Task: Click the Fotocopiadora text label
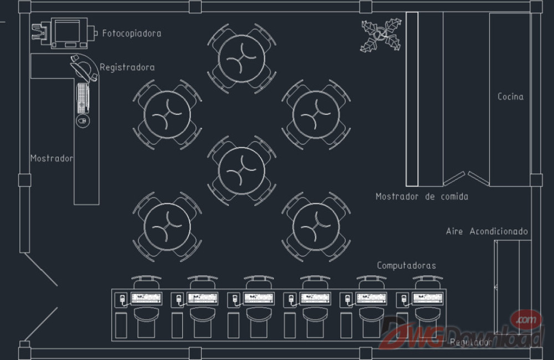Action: click(131, 33)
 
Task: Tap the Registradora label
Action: click(127, 68)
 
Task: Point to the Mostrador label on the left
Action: click(52, 158)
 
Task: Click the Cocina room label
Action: click(510, 97)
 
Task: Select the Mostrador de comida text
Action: click(422, 197)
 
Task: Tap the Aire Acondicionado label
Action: click(487, 232)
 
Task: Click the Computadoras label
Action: click(406, 266)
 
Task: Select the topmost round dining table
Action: click(242, 58)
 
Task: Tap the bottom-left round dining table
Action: click(167, 227)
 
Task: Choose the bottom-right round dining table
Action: click(316, 227)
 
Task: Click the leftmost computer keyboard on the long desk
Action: click(146, 299)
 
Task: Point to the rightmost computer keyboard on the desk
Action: click(427, 299)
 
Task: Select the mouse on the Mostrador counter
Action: click(83, 120)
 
